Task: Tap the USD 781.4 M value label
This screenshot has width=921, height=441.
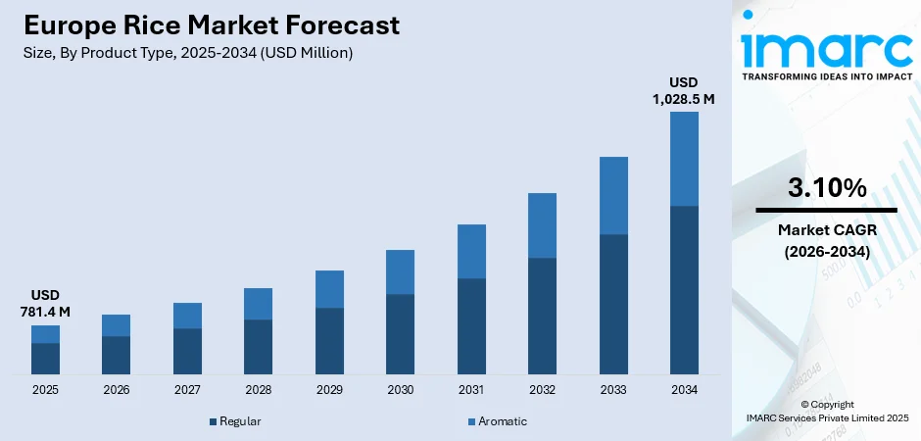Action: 44,303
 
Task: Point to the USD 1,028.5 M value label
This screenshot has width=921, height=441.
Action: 683,90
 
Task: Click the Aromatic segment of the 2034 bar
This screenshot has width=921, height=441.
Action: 684,159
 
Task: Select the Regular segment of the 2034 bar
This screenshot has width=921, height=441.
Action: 684,290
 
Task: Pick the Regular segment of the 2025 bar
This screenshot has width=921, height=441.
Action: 45,359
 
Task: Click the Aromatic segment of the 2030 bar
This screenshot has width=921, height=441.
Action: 400,271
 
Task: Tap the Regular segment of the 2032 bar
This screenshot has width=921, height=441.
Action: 542,316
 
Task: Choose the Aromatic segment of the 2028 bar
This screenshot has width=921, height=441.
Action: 258,304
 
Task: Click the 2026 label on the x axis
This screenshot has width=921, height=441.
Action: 116,390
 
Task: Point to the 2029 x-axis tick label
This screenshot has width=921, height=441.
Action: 329,390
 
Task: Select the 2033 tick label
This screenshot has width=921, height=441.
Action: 613,390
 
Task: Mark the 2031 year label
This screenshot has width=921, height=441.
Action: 471,390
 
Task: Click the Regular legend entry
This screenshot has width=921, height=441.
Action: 234,421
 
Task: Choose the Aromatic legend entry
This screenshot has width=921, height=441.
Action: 499,421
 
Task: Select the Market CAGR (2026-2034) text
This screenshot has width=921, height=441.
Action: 826,240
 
